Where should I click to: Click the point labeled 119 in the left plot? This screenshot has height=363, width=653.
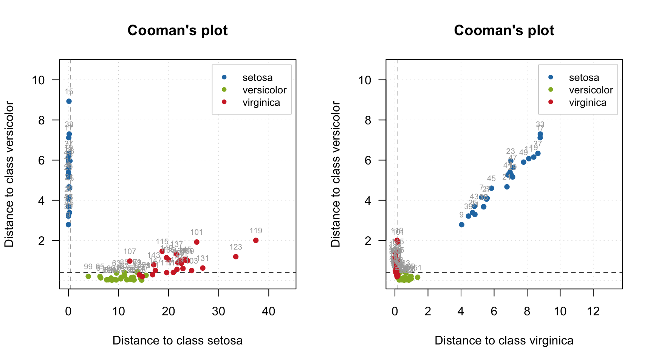(256, 240)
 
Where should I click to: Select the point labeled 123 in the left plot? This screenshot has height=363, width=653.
(236, 257)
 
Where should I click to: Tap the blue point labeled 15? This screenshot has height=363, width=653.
(69, 101)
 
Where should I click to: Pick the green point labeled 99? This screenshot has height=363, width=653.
(88, 276)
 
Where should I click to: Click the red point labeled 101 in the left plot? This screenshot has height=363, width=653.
(197, 242)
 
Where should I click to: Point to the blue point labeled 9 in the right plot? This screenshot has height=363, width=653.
(461, 225)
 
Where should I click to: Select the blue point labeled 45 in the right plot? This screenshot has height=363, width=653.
(491, 188)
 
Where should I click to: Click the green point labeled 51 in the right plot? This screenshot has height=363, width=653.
(418, 277)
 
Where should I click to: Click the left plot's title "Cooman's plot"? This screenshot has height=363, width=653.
(178, 31)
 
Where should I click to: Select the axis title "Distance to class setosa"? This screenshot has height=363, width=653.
(178, 340)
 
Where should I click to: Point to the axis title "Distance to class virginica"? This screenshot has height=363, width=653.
(504, 340)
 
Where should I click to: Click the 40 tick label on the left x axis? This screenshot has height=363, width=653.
(269, 311)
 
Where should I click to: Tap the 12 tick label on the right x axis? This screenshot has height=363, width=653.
(593, 311)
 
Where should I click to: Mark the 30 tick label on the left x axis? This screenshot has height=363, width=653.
(218, 311)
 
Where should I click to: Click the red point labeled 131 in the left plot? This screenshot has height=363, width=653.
(203, 268)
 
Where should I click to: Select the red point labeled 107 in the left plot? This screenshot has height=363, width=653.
(130, 261)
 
